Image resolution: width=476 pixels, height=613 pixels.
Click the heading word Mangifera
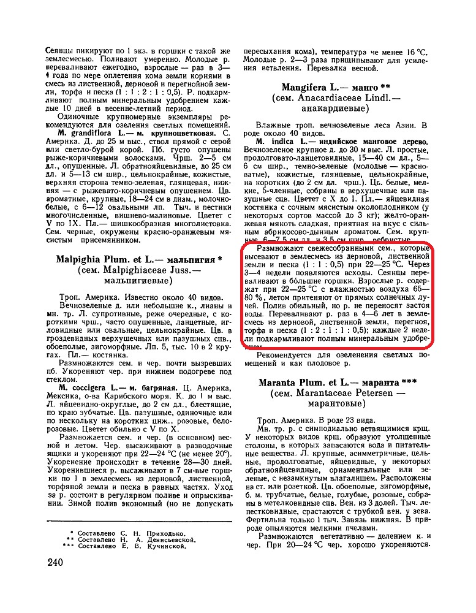pyautogui.click(x=305, y=87)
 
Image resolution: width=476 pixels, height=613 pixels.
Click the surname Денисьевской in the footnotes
pyautogui.click(x=167, y=539)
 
